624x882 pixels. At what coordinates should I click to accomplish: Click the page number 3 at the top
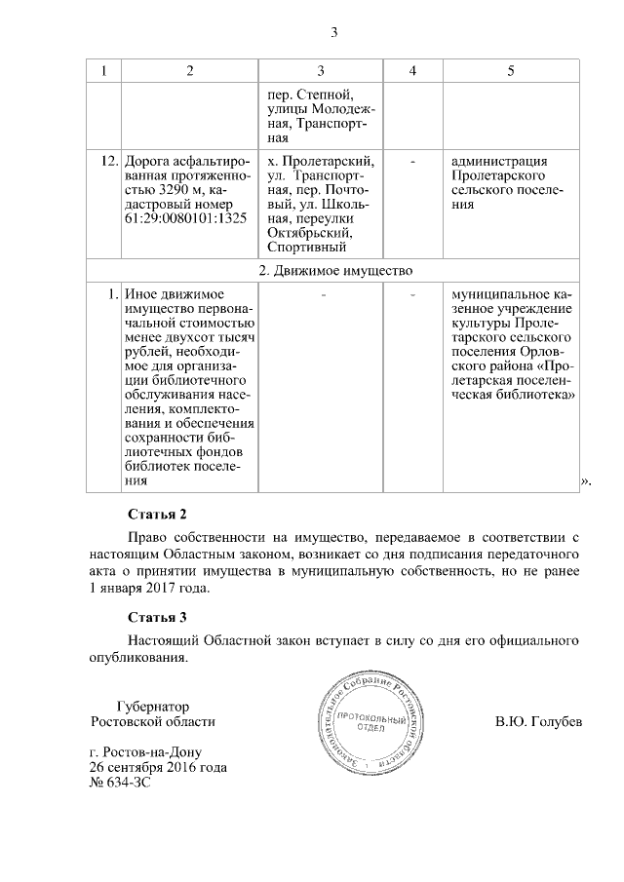point(333,34)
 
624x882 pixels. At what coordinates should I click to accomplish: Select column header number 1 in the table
point(104,71)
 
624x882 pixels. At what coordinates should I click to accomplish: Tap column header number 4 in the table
point(412,71)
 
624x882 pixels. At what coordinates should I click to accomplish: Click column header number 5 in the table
point(511,71)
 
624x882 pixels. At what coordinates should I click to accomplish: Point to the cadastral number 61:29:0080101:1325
point(184,219)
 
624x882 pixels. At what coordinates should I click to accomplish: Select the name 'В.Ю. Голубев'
point(538,722)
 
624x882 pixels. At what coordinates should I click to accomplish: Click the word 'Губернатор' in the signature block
point(151,707)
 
